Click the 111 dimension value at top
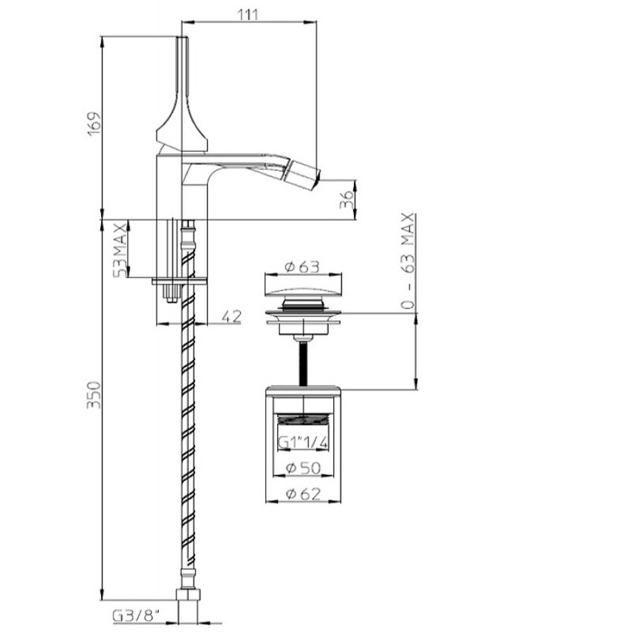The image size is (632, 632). tap(248, 15)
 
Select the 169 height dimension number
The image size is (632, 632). tap(94, 124)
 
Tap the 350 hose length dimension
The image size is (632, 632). tap(94, 395)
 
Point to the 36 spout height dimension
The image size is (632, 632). tap(347, 199)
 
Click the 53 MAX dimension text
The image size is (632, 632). tap(120, 249)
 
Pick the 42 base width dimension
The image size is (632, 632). tap(232, 317)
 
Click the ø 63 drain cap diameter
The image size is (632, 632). tap(302, 267)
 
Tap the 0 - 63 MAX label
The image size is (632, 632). tap(408, 261)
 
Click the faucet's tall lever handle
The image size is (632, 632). tap(182, 92)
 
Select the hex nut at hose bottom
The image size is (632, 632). tap(189, 595)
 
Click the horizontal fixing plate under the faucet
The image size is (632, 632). tap(180, 281)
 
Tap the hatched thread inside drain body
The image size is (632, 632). tap(303, 420)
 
